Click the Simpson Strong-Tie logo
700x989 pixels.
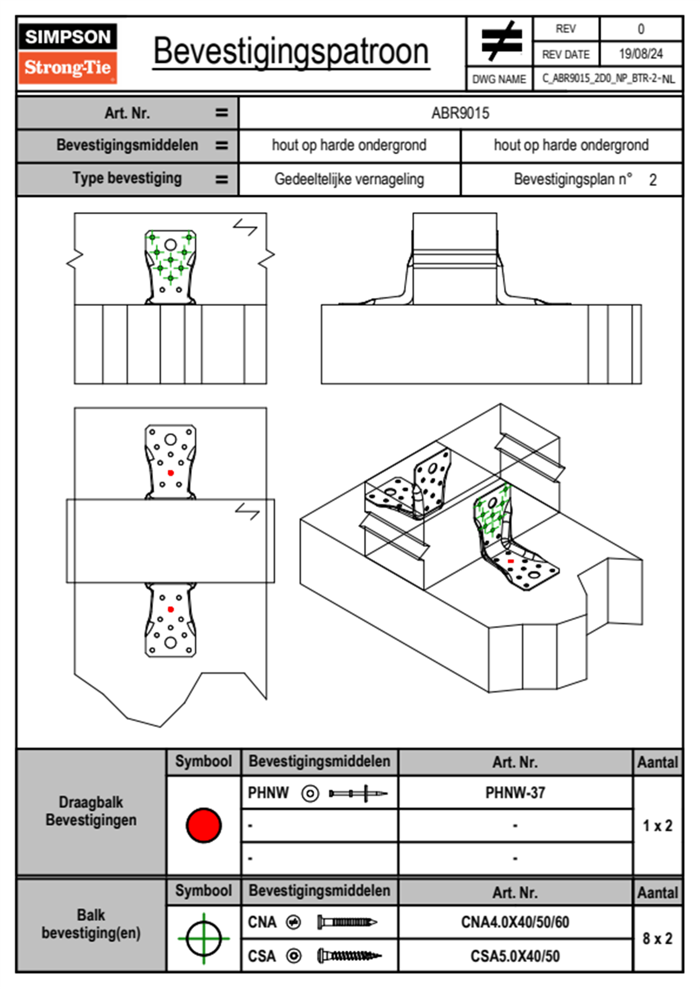coord(68,53)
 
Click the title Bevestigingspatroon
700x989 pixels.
coord(291,52)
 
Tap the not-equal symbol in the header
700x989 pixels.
coord(501,41)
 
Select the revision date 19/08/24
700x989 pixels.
coord(641,54)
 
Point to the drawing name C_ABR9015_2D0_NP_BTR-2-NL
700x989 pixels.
coord(608,79)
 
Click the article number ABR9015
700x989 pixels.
coord(460,113)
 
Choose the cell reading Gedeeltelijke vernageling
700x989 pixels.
coord(349,179)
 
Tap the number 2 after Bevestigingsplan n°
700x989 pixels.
coord(652,180)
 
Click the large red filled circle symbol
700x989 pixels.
coord(204,825)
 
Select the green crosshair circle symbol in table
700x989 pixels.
coord(204,938)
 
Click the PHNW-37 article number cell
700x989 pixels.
coord(515,793)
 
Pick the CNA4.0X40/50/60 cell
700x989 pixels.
coord(515,922)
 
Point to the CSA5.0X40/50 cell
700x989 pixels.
coord(515,956)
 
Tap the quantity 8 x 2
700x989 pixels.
coord(657,938)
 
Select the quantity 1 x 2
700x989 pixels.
coord(657,826)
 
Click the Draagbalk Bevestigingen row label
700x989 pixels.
coord(91,811)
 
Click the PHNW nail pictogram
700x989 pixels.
coord(358,793)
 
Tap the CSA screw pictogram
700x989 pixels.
coord(349,956)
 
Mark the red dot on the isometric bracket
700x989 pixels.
coord(511,562)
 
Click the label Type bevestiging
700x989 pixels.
coord(127,178)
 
